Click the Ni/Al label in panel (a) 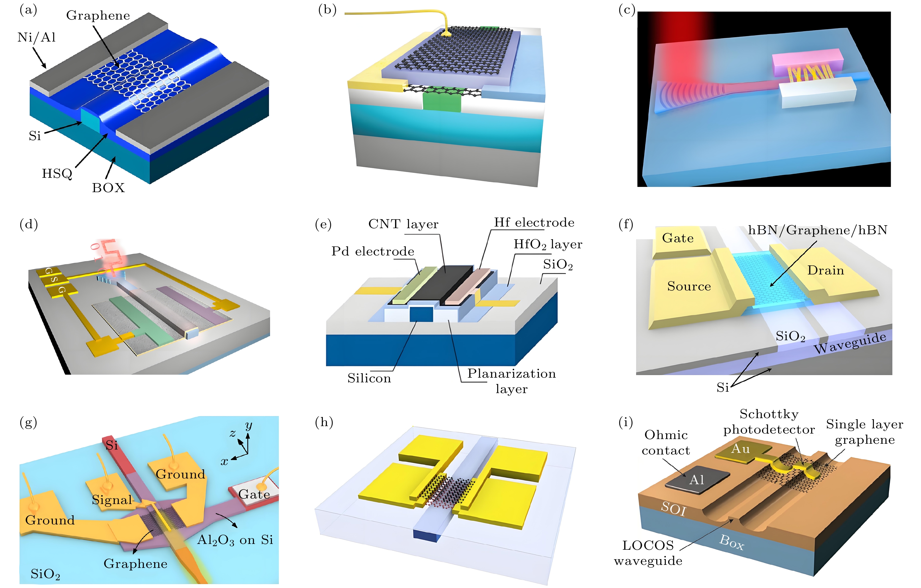tap(37, 37)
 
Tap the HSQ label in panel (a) tap(57, 174)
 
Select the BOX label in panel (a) tap(108, 188)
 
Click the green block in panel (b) tap(442, 100)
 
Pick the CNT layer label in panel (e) tap(403, 224)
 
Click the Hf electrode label tap(534, 223)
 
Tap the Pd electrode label tap(372, 251)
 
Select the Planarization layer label tap(511, 381)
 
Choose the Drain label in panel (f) tap(825, 271)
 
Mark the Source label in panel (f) tap(689, 286)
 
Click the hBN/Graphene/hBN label tap(817, 230)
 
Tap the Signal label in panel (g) tap(112, 500)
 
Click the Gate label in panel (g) tap(254, 494)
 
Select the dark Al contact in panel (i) tap(697, 480)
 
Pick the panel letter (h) tap(324, 422)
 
